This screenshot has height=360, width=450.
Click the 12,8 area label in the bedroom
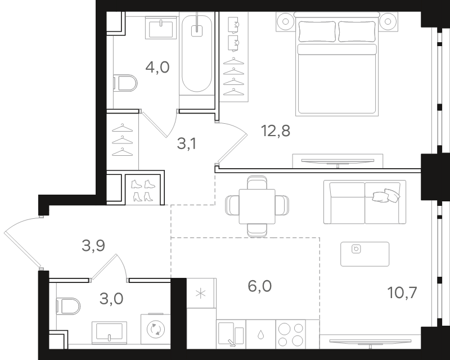click(x=276, y=131)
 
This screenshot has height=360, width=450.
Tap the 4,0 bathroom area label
click(x=157, y=67)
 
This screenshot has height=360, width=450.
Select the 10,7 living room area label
click(x=402, y=293)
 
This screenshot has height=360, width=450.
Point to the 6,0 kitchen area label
click(x=259, y=286)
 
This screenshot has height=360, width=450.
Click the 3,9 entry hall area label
click(x=93, y=246)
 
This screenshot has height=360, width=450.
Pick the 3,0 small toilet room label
click(x=111, y=299)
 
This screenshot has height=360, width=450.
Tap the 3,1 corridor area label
click(x=187, y=143)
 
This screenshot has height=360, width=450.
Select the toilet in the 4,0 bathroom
click(x=125, y=83)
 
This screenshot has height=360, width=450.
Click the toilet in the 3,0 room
click(x=68, y=306)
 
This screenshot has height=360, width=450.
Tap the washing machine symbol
click(x=156, y=329)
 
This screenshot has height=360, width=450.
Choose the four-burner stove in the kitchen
click(x=291, y=334)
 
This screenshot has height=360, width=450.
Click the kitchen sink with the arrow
click(x=231, y=334)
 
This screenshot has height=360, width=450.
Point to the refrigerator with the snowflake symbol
click(x=201, y=293)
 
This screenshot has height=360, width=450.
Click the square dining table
click(x=257, y=206)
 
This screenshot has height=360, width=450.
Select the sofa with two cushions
click(x=364, y=202)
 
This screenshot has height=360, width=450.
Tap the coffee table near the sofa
click(x=364, y=254)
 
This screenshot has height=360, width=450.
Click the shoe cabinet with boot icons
click(x=143, y=190)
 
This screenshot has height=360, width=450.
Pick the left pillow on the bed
click(x=317, y=31)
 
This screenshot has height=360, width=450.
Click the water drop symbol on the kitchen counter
click(x=260, y=334)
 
